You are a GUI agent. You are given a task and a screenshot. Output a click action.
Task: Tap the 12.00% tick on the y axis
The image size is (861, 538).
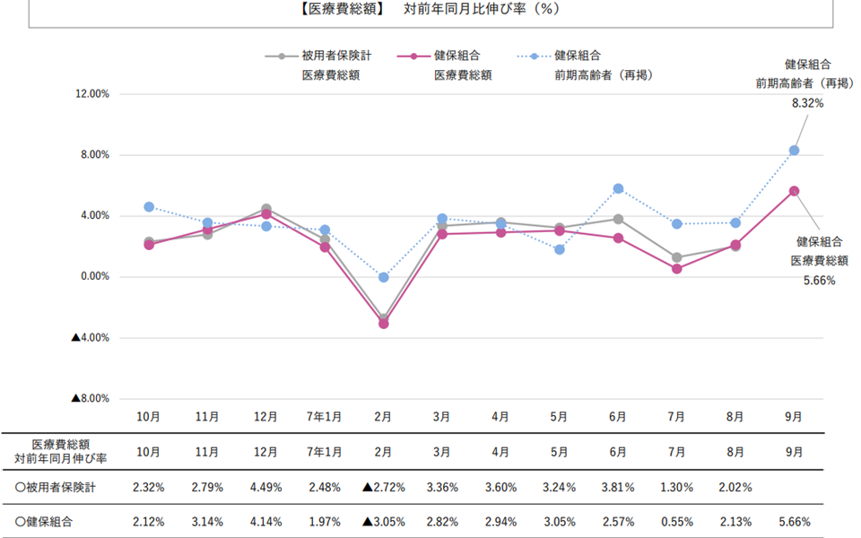[x=88, y=94]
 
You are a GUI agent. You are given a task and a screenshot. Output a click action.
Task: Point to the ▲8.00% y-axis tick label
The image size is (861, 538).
[x=90, y=399]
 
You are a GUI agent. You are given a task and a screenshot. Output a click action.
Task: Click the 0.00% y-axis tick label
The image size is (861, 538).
[x=91, y=277]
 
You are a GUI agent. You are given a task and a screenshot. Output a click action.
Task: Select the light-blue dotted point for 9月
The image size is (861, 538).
[x=794, y=151]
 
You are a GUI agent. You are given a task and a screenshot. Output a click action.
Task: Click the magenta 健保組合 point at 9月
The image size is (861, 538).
[x=794, y=191]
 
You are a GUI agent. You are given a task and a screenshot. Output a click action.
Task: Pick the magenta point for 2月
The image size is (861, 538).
[x=383, y=324]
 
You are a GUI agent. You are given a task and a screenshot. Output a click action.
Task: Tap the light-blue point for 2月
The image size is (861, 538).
[x=383, y=278]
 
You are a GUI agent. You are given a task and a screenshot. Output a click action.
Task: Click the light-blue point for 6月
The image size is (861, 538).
[x=618, y=188]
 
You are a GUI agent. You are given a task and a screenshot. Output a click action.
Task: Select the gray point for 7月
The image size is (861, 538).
[x=676, y=257]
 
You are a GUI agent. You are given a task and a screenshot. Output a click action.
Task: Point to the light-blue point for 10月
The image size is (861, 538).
[x=149, y=207]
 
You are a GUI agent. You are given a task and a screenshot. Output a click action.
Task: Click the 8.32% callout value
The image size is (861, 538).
[x=807, y=103]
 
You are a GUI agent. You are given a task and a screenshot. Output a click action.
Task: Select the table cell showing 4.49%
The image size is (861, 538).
[x=265, y=488]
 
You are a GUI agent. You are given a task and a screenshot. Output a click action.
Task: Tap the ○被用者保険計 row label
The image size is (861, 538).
[x=57, y=488]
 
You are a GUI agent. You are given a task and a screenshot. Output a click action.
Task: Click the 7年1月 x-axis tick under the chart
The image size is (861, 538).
[x=325, y=417]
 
